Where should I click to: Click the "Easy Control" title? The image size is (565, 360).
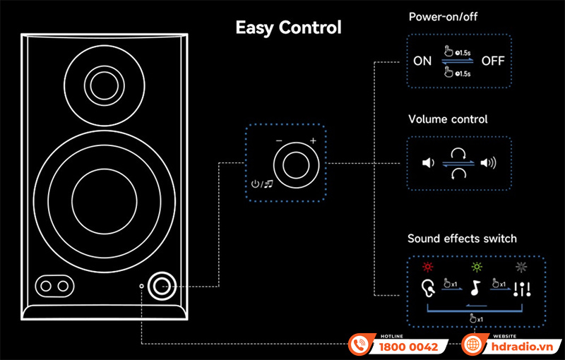pyautogui.click(x=288, y=28)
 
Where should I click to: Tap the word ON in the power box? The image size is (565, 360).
pyautogui.click(x=422, y=61)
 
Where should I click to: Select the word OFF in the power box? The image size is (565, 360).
pyautogui.click(x=493, y=61)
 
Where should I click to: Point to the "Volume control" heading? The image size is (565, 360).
pyautogui.click(x=448, y=119)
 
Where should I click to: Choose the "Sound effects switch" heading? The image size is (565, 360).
pyautogui.click(x=462, y=239)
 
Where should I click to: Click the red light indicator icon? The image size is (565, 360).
pyautogui.click(x=426, y=268)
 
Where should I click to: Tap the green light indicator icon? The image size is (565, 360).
pyautogui.click(x=476, y=268)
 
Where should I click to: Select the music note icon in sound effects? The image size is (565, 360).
pyautogui.click(x=476, y=288)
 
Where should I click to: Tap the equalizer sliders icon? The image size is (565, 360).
pyautogui.click(x=523, y=288)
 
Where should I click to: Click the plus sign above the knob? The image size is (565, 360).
pyautogui.click(x=312, y=141)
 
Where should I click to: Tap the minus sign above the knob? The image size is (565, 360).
pyautogui.click(x=278, y=141)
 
